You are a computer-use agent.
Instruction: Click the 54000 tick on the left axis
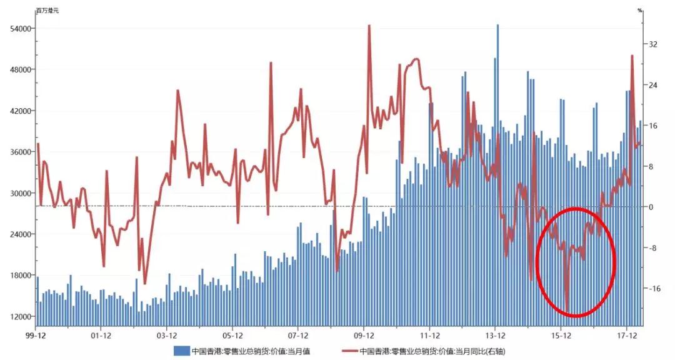point(17,29)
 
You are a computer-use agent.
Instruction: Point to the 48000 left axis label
point(17,69)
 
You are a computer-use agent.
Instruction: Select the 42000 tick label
point(17,111)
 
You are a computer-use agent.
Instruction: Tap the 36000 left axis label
point(17,152)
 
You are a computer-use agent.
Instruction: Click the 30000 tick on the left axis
point(17,193)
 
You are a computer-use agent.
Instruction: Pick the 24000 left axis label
point(17,234)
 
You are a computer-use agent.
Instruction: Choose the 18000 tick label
point(17,275)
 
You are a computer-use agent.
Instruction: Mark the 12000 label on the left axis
point(17,316)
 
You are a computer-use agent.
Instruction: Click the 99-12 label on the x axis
point(36,336)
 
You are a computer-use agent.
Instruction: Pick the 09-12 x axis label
point(364,336)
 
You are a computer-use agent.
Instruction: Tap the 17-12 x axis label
point(627,336)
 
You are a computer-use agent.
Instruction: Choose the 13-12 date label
point(495,336)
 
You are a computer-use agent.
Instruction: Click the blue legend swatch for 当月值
point(181,351)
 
